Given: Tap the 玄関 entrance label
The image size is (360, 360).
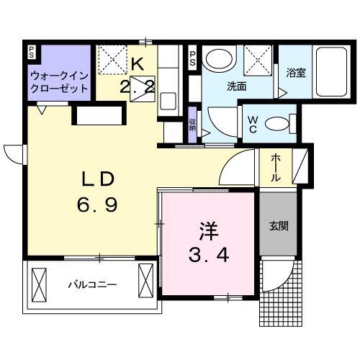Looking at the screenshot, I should pos(279,225).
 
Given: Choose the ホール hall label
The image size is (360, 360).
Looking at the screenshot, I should pos(276,168).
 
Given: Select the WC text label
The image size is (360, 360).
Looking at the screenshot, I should pos(253,123).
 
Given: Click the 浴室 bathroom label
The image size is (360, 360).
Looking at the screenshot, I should pos(296,73).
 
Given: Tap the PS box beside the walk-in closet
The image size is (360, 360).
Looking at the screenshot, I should pos(32,52).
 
